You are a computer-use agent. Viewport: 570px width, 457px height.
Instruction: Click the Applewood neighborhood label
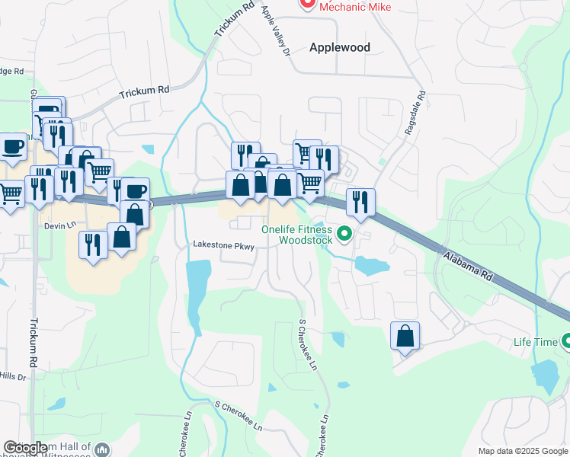coord(340,47)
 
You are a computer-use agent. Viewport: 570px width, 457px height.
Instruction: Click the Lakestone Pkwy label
coord(223,246)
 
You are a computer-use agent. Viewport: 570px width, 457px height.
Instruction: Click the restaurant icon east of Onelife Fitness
coord(360,202)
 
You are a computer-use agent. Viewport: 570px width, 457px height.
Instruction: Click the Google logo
coord(26,449)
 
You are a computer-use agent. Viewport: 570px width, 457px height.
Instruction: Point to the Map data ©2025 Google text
coord(523,451)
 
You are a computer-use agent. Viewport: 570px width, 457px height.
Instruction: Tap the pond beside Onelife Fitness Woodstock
coord(372,266)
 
